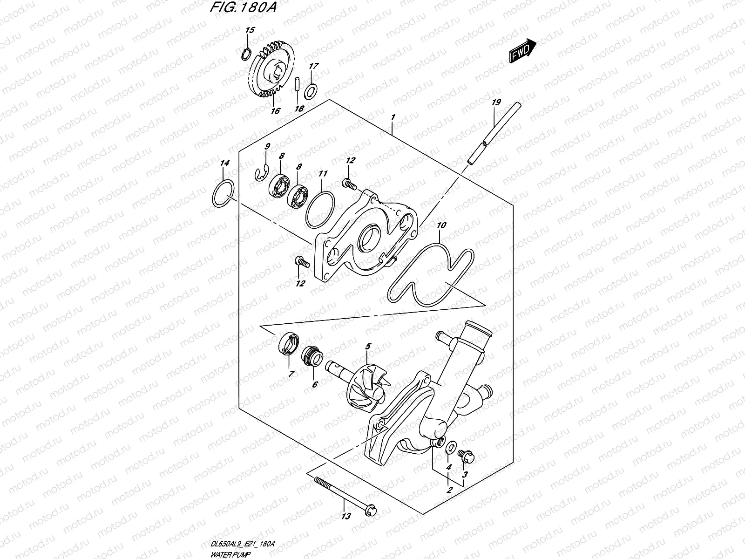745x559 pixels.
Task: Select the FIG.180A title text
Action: coord(243,9)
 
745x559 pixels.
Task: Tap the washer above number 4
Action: coord(450,449)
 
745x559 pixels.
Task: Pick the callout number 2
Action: coord(449,491)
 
